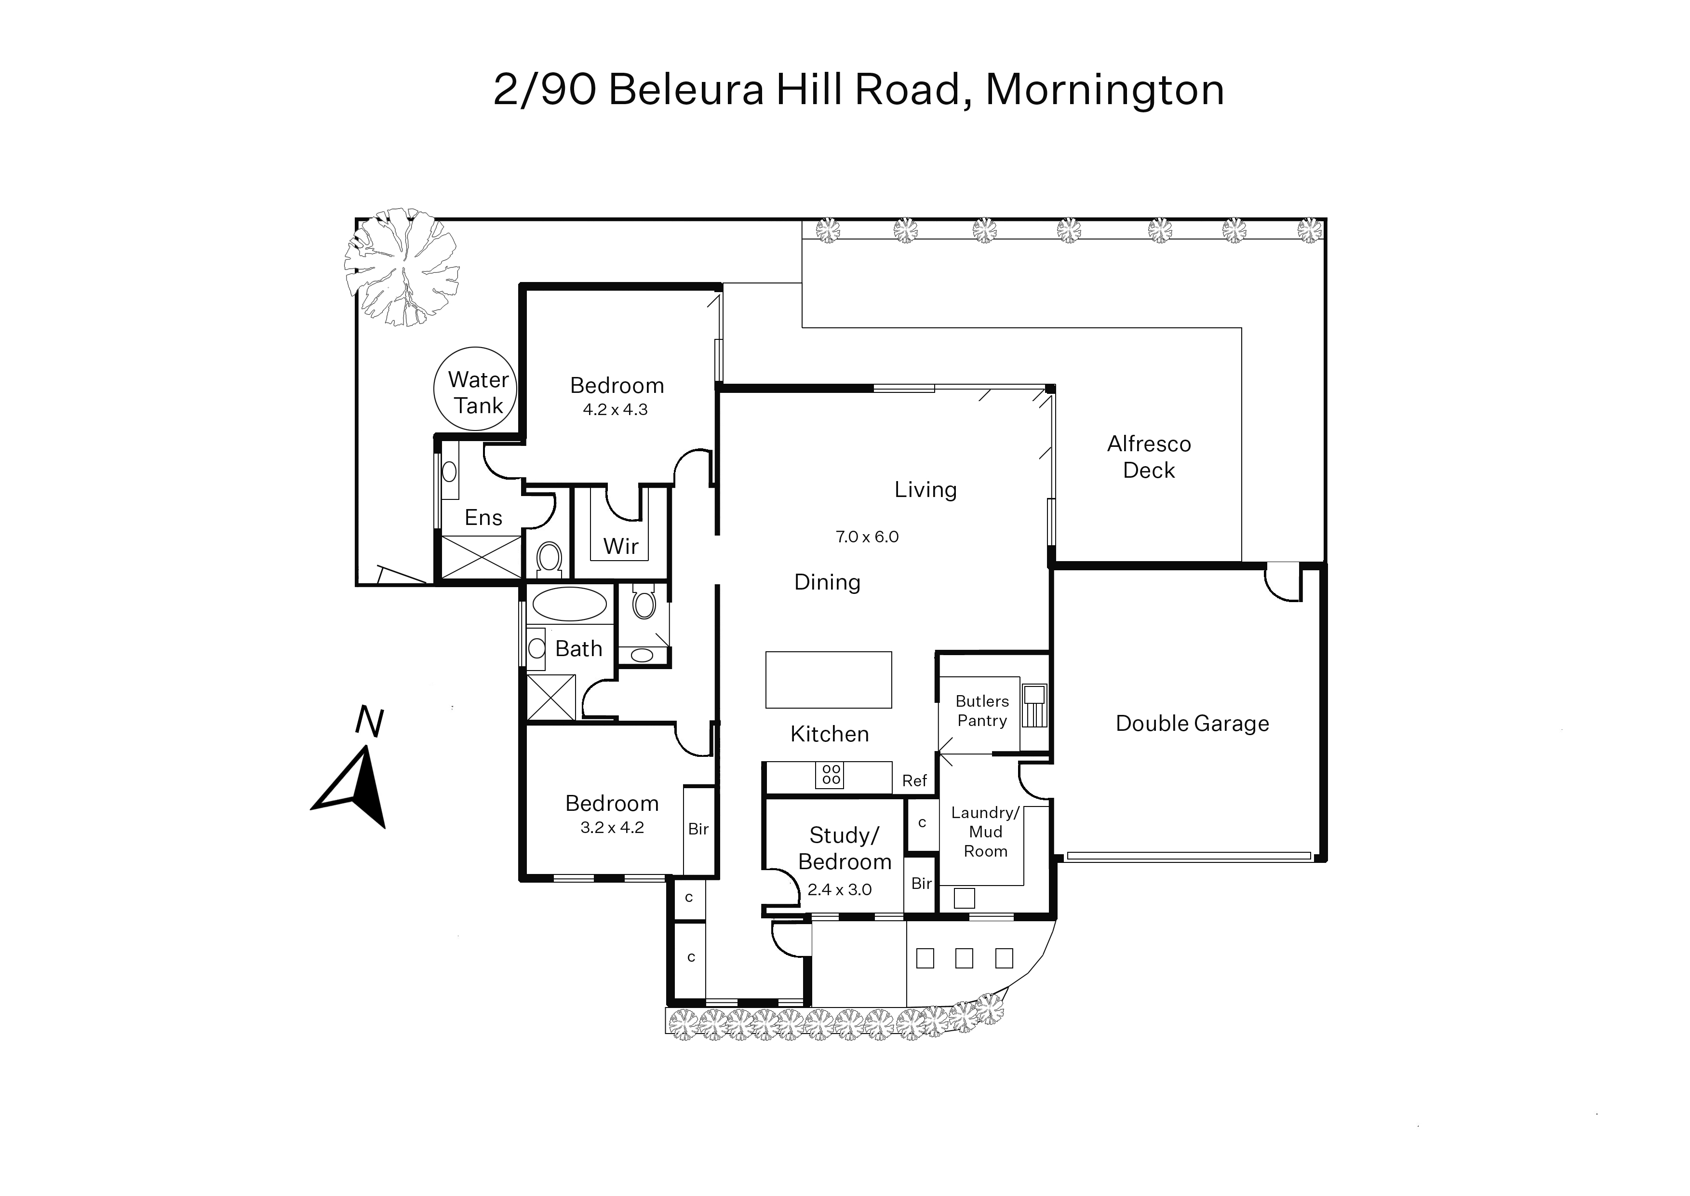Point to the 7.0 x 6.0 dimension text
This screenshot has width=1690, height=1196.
867,537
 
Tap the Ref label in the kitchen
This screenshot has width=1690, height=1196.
914,780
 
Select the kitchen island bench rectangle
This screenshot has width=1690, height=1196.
829,680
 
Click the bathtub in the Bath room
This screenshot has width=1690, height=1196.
569,604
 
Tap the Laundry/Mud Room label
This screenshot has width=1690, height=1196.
985,832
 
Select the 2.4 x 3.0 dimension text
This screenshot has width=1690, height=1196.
840,889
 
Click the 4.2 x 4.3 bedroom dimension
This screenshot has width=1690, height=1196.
615,409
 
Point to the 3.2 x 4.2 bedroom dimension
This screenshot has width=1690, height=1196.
612,827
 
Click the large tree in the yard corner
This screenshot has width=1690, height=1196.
402,267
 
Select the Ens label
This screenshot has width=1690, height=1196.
483,518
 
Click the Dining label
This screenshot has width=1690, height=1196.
827,582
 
